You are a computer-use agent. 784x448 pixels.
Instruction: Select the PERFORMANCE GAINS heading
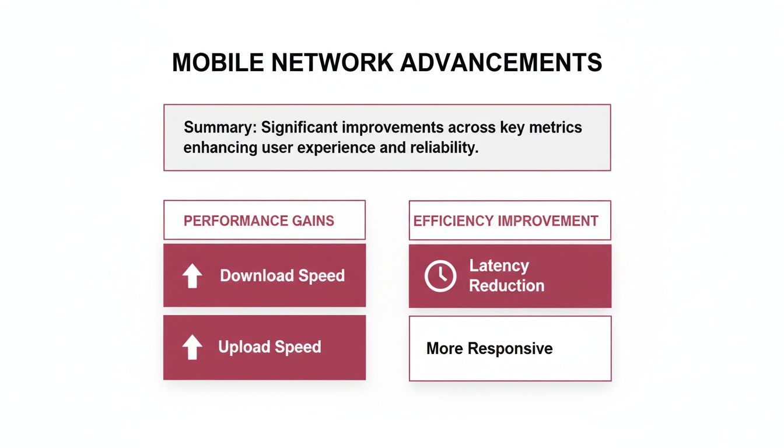pyautogui.click(x=259, y=221)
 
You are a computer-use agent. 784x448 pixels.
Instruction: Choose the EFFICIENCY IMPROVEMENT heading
pyautogui.click(x=506, y=221)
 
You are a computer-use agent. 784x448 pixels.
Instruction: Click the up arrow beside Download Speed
pyautogui.click(x=192, y=276)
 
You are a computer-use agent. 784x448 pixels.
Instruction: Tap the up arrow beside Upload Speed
pyautogui.click(x=192, y=348)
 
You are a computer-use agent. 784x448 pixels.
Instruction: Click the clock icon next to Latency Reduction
pyautogui.click(x=440, y=276)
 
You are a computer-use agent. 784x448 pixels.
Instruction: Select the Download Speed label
pyautogui.click(x=282, y=276)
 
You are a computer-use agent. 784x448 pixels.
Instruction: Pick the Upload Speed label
pyautogui.click(x=269, y=347)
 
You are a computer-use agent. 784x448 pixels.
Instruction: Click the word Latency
pyautogui.click(x=499, y=266)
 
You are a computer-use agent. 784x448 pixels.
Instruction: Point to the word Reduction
pyautogui.click(x=506, y=286)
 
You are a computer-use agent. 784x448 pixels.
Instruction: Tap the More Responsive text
pyautogui.click(x=489, y=349)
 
